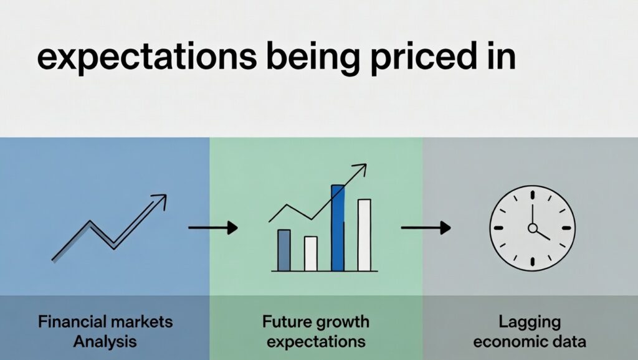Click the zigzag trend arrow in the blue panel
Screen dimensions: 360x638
pos(109,227)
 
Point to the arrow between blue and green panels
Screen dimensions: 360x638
pos(213,228)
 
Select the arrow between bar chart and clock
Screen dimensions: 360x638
pos(426,228)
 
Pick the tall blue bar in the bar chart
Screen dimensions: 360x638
pos(338,227)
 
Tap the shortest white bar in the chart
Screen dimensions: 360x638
pos(310,253)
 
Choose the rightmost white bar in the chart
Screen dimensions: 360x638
pos(364,235)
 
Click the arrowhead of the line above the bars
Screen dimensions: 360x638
pos(360,168)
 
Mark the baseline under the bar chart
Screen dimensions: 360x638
pos(324,271)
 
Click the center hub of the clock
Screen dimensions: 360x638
pos(532,228)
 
